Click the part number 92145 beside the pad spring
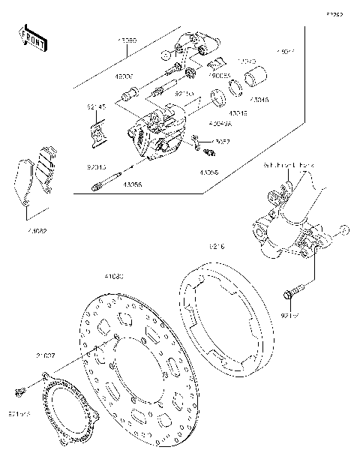pyautogui.click(x=96, y=107)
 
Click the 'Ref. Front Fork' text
pyautogui.click(x=289, y=164)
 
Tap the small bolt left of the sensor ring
pyautogui.click(x=19, y=391)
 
